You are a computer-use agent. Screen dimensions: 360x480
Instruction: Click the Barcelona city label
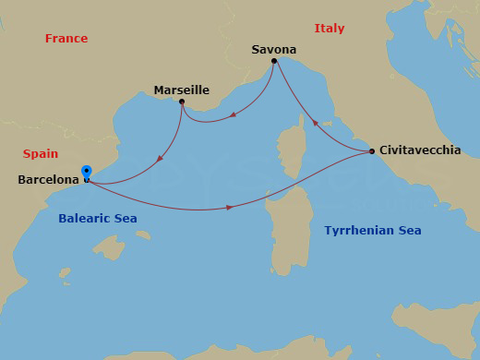[x=48, y=180]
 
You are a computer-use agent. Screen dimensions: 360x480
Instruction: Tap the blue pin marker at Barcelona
[x=86, y=172]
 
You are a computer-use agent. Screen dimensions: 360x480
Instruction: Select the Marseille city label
[x=182, y=90]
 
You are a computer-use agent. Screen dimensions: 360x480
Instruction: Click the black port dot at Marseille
[x=182, y=102]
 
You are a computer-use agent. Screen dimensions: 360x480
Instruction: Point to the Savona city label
[x=274, y=50]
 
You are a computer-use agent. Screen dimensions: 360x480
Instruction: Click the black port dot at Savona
[x=274, y=61]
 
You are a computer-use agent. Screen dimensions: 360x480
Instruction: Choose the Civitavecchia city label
[x=420, y=150]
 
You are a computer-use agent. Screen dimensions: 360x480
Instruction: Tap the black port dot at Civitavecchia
[x=371, y=150]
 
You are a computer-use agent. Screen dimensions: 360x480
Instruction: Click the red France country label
[x=66, y=39]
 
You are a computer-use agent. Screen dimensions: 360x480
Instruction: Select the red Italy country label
[x=330, y=29]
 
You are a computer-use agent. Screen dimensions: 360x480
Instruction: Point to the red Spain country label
[x=40, y=154]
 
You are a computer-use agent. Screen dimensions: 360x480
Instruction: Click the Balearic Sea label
[x=98, y=219]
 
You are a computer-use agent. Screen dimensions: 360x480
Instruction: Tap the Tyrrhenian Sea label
[x=373, y=231]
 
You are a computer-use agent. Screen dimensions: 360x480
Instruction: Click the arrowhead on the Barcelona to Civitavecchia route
[x=229, y=208]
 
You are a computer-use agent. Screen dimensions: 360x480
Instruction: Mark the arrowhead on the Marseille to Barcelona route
[x=161, y=159]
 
